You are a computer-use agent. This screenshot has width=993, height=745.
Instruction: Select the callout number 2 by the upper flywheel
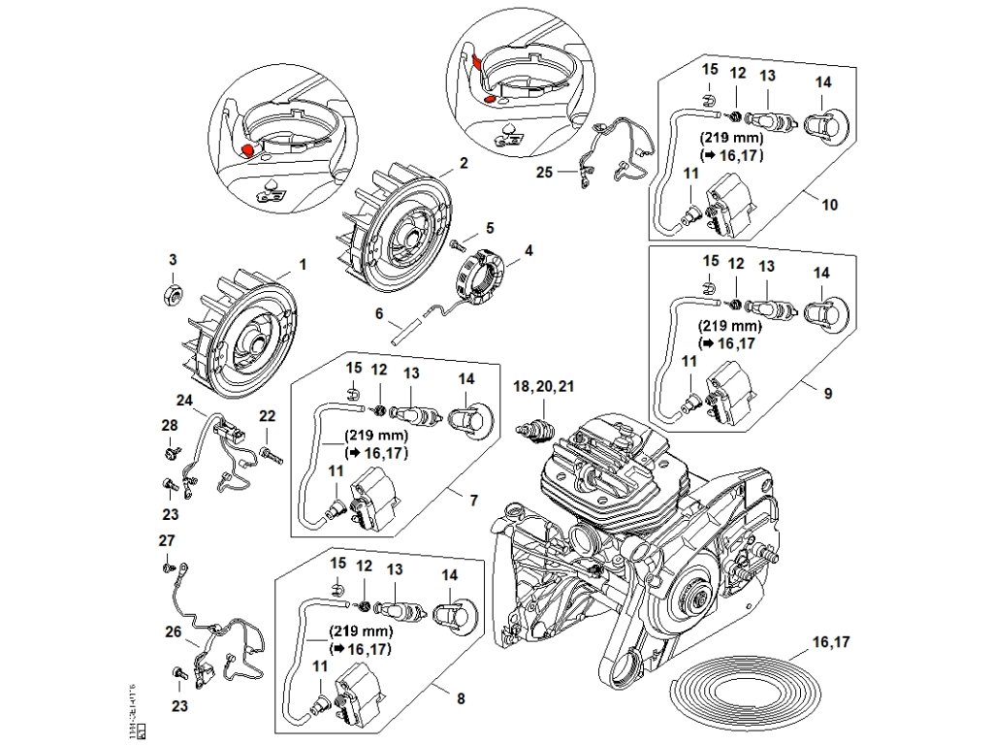[464, 163]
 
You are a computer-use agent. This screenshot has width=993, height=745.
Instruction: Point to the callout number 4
[528, 250]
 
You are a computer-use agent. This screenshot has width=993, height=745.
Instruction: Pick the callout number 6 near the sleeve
[379, 314]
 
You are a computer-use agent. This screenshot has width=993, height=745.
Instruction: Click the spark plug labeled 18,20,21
[536, 428]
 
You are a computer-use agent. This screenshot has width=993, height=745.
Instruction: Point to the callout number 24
[185, 399]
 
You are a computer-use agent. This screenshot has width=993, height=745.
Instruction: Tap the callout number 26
[173, 631]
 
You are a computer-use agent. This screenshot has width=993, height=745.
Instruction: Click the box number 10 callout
[830, 205]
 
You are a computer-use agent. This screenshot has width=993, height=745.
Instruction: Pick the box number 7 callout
[473, 501]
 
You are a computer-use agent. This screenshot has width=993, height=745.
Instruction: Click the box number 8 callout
[461, 696]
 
